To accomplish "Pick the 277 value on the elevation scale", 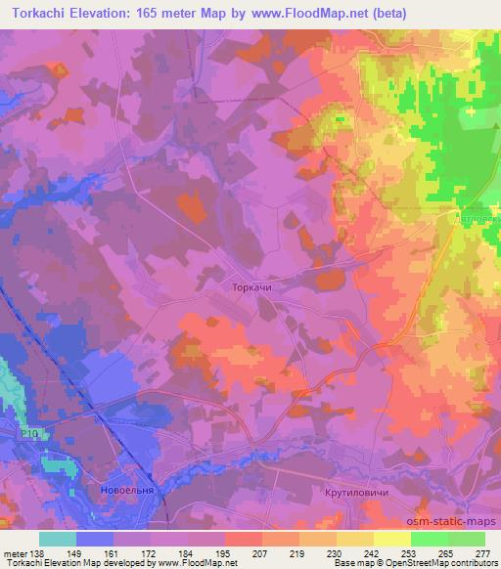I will point(482,554).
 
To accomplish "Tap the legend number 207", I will point(261,554).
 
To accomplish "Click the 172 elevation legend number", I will point(151,554).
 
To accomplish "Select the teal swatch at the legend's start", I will point(57,539).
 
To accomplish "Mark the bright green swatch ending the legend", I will point(466,539).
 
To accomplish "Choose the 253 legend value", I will point(410,554).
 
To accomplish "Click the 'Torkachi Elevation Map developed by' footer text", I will point(65,563).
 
